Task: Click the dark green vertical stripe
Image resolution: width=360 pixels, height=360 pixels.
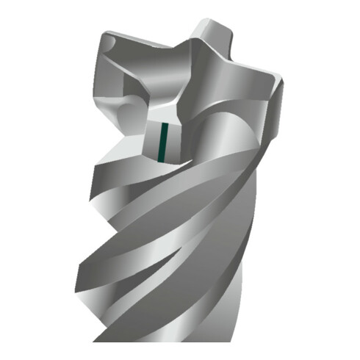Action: (x=167, y=140)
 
